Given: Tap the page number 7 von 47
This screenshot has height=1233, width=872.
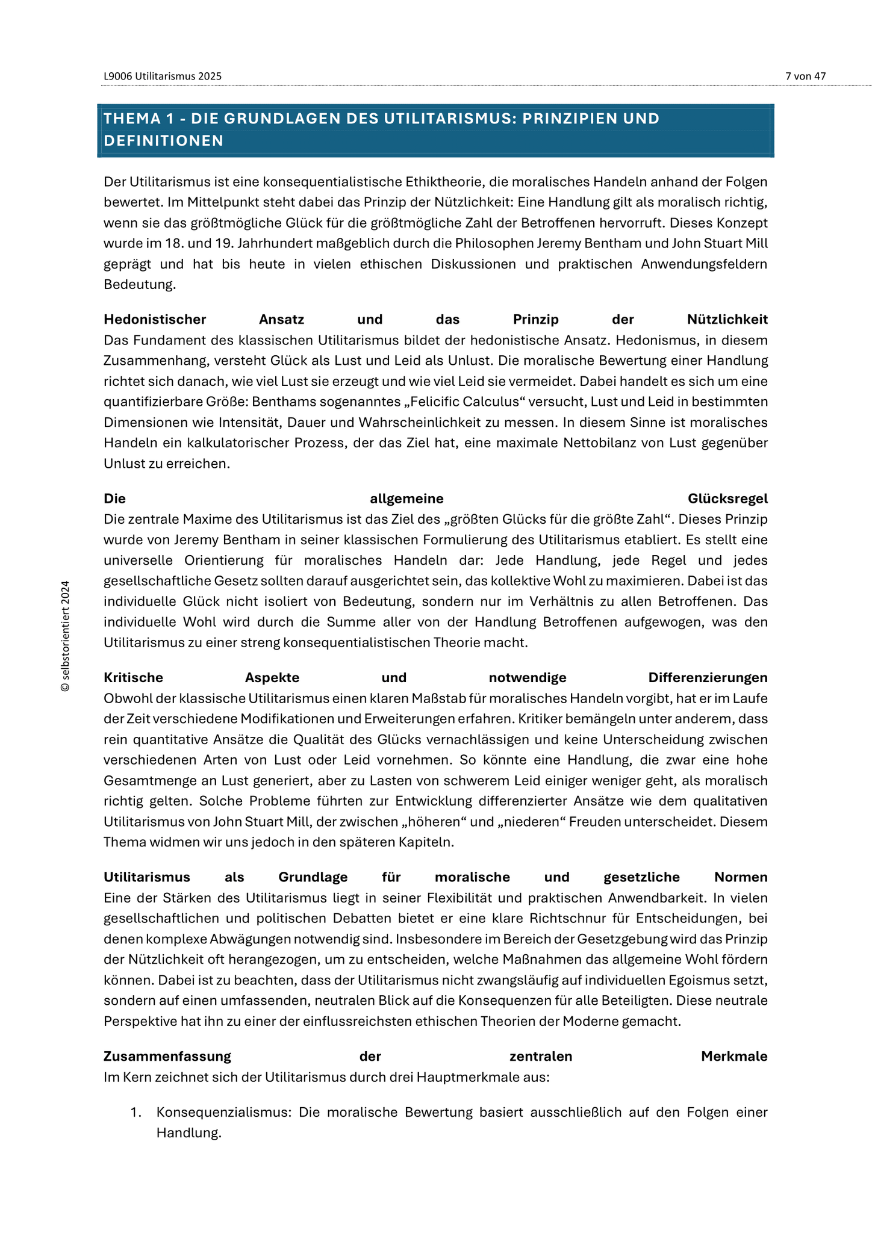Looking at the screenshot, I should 805,76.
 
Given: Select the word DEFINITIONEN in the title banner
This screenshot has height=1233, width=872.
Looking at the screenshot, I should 164,141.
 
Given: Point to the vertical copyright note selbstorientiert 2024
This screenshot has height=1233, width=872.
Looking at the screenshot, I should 66,636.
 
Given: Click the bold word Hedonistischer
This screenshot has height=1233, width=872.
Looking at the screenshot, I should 155,319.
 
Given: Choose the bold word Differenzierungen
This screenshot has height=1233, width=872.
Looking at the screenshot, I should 708,677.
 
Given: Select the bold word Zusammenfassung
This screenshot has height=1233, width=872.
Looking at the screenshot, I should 167,1056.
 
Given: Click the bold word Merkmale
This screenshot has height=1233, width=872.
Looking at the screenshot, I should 734,1056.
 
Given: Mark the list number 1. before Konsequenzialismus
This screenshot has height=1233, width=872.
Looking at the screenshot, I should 135,1112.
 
